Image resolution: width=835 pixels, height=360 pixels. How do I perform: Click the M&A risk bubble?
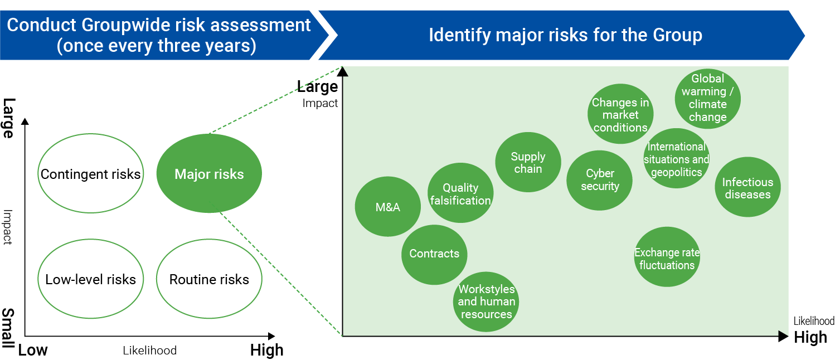coord(387,207)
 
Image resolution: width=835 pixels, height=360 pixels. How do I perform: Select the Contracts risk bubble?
coord(434,254)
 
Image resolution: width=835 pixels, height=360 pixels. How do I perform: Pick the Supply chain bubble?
coord(528,162)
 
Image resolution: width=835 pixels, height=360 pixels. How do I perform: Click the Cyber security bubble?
coord(600,180)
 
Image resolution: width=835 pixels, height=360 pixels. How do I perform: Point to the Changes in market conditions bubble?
coord(620,115)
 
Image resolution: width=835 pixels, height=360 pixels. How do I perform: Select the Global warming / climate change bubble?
coord(708,99)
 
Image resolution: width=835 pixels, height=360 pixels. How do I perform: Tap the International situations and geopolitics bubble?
coord(677,159)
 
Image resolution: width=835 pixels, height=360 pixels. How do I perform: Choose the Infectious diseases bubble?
coord(747,188)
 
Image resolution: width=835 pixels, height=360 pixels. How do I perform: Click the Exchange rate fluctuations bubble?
coord(667,258)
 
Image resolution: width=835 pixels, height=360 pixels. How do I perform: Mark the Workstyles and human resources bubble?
coord(486,301)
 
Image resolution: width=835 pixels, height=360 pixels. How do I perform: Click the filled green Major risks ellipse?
coord(209,174)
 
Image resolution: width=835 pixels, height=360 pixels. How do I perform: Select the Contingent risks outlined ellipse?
coord(90,174)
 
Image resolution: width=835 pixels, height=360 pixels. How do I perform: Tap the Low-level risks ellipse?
coord(90,279)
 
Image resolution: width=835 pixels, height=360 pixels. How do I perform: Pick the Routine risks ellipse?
coord(209,279)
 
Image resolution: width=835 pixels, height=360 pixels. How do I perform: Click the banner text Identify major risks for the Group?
coord(565,35)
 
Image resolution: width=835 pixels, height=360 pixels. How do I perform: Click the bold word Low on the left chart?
coord(33,350)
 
